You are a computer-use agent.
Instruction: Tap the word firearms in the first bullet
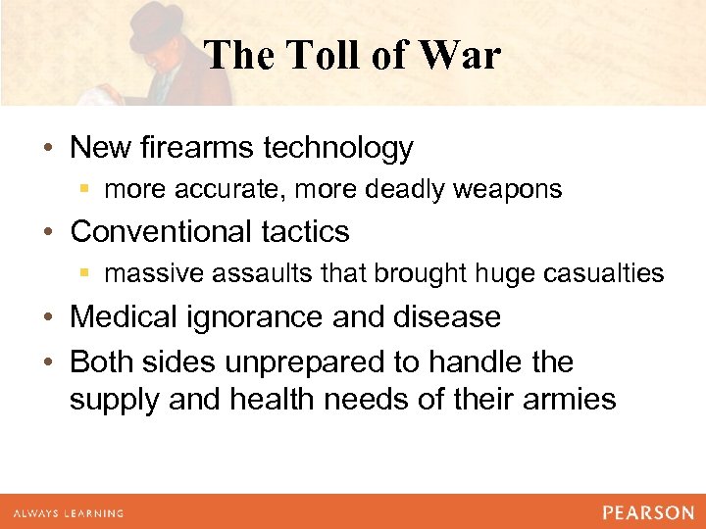click(201, 148)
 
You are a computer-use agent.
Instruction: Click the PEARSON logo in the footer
click(648, 512)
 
